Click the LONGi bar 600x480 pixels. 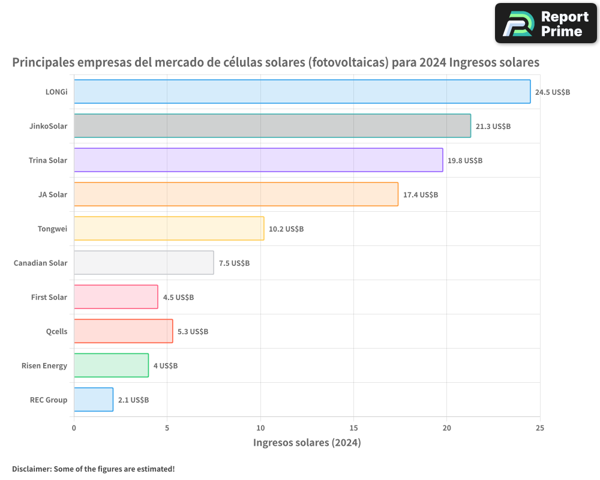point(302,91)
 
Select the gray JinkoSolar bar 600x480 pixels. point(272,125)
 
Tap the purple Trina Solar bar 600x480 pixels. point(258,160)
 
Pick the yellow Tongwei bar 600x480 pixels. point(169,229)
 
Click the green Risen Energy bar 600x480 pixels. point(112,365)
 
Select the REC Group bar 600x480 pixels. point(94,400)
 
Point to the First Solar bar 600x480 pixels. point(116,296)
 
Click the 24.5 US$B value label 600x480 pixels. point(553,92)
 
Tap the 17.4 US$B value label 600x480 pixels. point(421,194)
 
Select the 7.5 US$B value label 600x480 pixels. point(234,263)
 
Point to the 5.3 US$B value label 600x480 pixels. point(193,331)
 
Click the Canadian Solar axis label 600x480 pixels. point(41,263)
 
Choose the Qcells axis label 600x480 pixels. point(56,331)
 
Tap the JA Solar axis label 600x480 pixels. point(53,194)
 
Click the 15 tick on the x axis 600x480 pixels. point(353,428)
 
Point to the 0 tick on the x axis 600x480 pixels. point(74,428)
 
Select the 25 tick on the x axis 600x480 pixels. point(540,428)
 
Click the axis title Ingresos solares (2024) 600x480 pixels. point(307,442)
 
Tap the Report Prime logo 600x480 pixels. point(546,23)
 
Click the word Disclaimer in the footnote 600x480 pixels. point(32,469)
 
